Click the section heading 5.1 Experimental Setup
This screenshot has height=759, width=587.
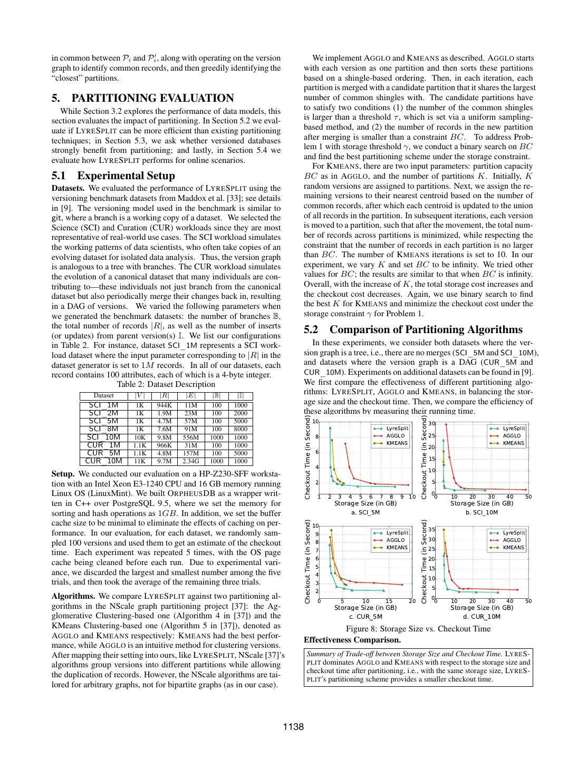[x=113, y=176]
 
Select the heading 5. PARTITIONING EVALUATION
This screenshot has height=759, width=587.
[x=142, y=98]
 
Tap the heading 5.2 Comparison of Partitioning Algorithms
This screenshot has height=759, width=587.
[x=413, y=329]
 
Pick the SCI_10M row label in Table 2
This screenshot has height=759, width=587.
[x=103, y=437]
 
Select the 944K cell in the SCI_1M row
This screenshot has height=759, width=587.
[x=165, y=405]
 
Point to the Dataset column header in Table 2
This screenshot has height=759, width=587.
[x=103, y=395]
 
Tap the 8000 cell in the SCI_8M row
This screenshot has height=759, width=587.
[x=240, y=429]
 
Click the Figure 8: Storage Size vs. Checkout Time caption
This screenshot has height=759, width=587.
[x=418, y=628]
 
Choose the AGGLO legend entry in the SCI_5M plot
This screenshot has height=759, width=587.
[x=395, y=436]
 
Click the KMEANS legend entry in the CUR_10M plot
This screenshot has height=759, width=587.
[x=513, y=548]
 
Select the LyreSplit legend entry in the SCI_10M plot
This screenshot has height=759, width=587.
[x=513, y=429]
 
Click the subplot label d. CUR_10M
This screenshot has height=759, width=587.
[x=482, y=616]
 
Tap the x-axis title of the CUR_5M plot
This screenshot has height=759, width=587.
[x=365, y=608]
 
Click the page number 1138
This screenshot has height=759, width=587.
[x=293, y=727]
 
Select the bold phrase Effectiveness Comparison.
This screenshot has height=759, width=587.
[x=352, y=640]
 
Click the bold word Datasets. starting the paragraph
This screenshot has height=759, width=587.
[x=68, y=188]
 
